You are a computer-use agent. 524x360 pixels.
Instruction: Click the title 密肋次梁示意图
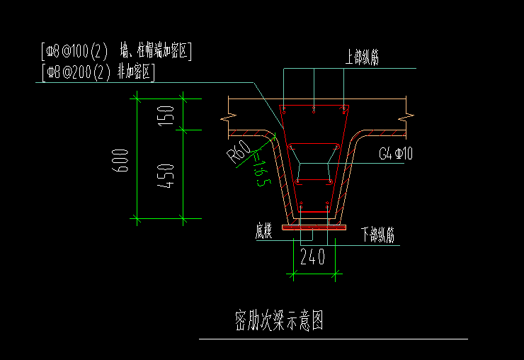click(279, 321)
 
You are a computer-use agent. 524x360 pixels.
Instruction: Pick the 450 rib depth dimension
click(166, 174)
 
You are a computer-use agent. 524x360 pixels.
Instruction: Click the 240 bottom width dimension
click(312, 257)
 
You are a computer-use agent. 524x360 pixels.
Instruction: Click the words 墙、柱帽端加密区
click(156, 51)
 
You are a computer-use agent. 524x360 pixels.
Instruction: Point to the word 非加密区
click(137, 72)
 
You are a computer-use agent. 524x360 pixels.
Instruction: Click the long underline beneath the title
click(333, 339)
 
